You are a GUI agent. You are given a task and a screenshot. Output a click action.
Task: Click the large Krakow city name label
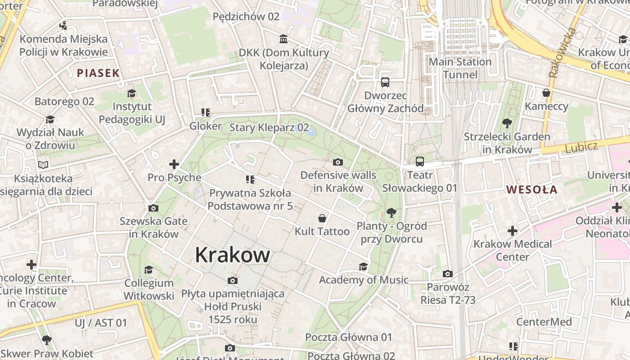coord(232,255)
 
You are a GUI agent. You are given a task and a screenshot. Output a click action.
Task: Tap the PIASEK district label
coord(98,73)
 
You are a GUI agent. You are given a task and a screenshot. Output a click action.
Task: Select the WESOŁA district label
coord(532,189)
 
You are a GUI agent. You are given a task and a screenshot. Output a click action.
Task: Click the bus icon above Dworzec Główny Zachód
coord(385,82)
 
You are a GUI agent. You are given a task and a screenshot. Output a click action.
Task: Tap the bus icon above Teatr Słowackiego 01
coord(419,161)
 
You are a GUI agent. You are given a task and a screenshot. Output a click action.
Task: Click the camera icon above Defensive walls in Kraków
coord(338,162)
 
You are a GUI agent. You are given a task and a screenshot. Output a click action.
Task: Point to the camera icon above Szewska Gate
coord(153,208)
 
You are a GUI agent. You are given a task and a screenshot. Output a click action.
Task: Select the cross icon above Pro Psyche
coord(174,164)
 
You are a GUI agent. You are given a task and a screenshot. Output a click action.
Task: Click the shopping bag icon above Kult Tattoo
coord(322,219)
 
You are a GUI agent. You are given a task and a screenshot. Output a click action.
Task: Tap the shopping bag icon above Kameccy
coord(546,93)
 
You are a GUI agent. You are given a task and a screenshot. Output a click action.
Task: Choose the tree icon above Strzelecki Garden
coord(507,123)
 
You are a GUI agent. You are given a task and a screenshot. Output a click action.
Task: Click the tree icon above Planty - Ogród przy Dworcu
coord(391,212)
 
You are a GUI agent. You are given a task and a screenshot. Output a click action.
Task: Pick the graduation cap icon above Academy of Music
coord(363,267)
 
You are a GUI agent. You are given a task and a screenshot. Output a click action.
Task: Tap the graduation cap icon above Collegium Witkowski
coord(148,270)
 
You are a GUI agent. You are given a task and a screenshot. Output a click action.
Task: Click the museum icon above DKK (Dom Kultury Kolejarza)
coord(283,39)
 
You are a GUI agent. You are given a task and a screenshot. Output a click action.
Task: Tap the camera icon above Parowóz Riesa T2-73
coord(447,274)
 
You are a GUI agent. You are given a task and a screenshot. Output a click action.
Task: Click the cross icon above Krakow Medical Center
coord(512,231)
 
